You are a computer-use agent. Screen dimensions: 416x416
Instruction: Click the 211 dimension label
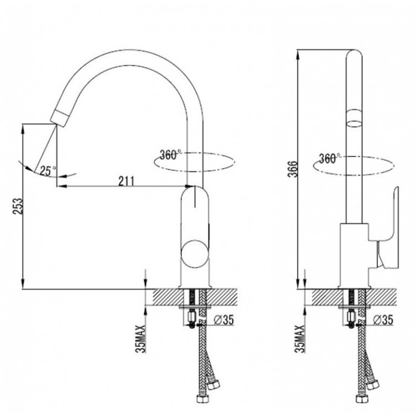126,181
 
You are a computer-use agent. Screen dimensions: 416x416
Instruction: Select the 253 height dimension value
18,206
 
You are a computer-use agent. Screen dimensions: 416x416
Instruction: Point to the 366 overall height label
293,169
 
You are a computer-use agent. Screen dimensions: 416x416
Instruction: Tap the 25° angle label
48,171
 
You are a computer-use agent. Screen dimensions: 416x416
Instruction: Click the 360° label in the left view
170,155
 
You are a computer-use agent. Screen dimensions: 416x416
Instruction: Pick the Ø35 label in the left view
224,320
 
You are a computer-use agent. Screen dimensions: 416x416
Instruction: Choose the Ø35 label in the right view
383,320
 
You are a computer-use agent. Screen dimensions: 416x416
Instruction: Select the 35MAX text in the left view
141,338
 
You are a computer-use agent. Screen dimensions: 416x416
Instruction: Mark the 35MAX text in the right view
300,338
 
